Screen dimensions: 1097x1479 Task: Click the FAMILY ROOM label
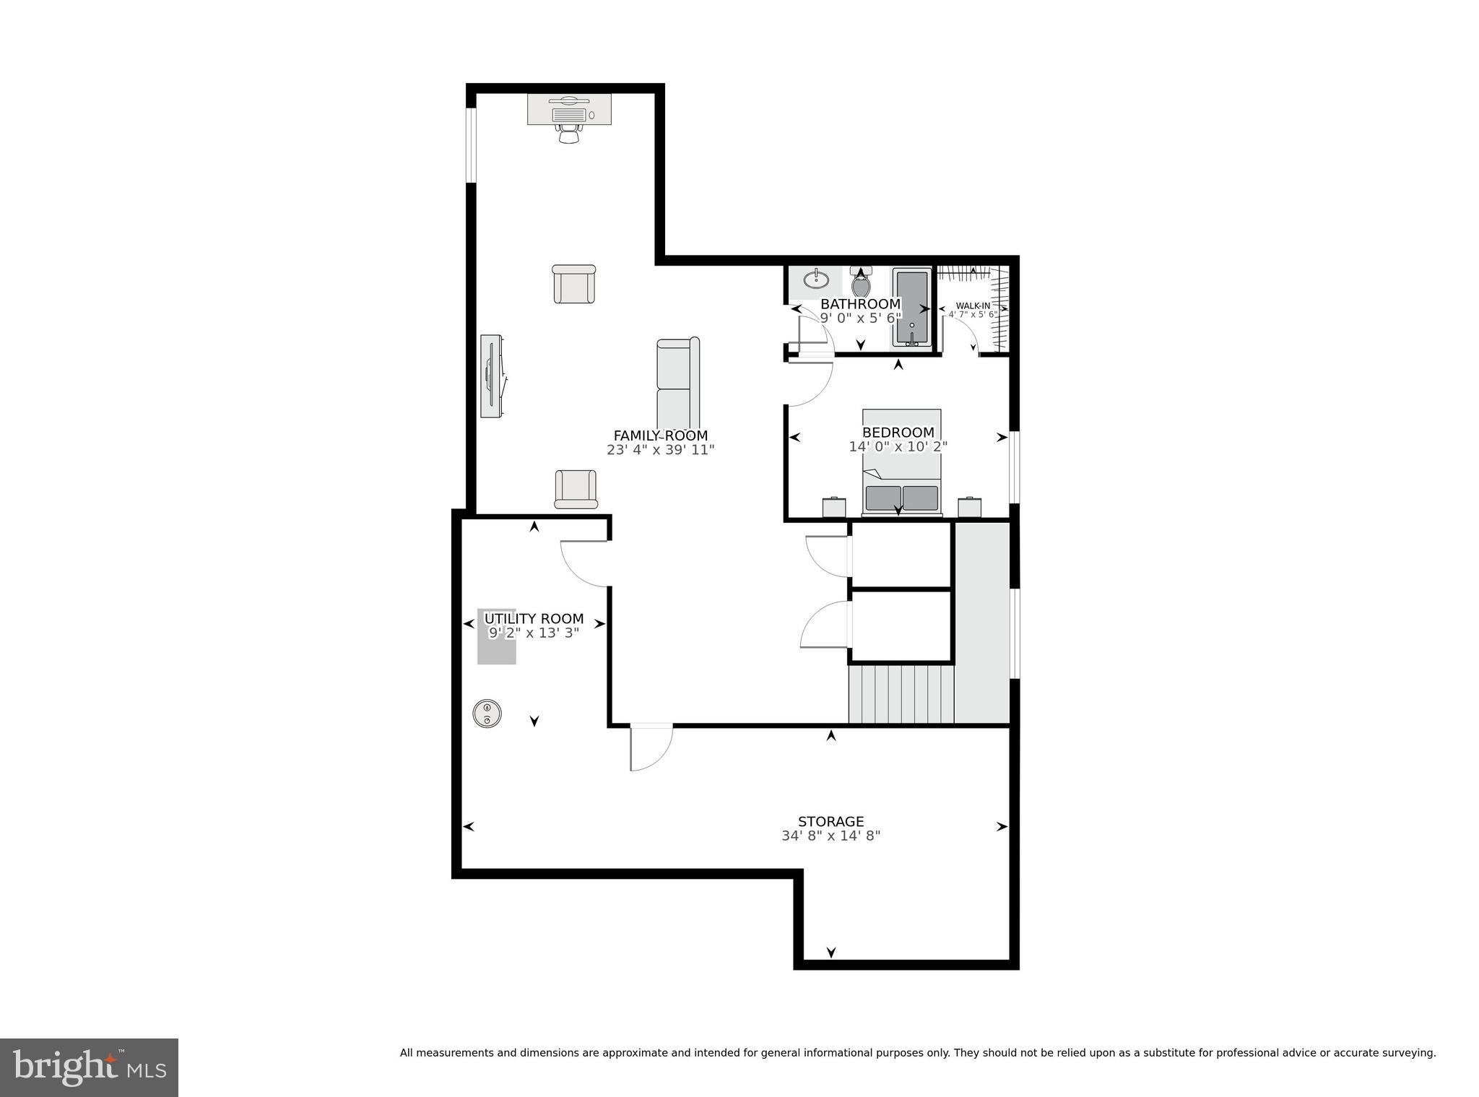point(660,435)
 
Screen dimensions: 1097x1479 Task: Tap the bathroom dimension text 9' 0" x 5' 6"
point(860,317)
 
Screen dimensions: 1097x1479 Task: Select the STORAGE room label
point(830,821)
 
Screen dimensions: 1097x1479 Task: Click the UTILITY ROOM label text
point(534,619)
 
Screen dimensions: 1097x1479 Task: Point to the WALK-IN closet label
point(973,305)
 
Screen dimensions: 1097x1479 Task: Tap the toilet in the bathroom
point(861,284)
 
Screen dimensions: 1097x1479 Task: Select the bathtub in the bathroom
point(912,307)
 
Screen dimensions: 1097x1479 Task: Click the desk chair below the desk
point(570,134)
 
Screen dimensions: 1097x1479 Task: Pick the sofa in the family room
point(677,383)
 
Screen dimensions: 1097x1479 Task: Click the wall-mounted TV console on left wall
point(493,376)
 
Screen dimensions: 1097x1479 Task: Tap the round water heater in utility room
point(487,714)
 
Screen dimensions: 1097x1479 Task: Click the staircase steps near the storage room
point(901,694)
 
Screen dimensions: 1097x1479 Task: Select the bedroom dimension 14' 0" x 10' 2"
point(898,447)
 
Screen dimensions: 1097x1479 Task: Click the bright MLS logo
point(89,1067)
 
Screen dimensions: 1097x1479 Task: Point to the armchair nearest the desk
point(574,284)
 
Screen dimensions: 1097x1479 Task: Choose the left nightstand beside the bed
point(834,507)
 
